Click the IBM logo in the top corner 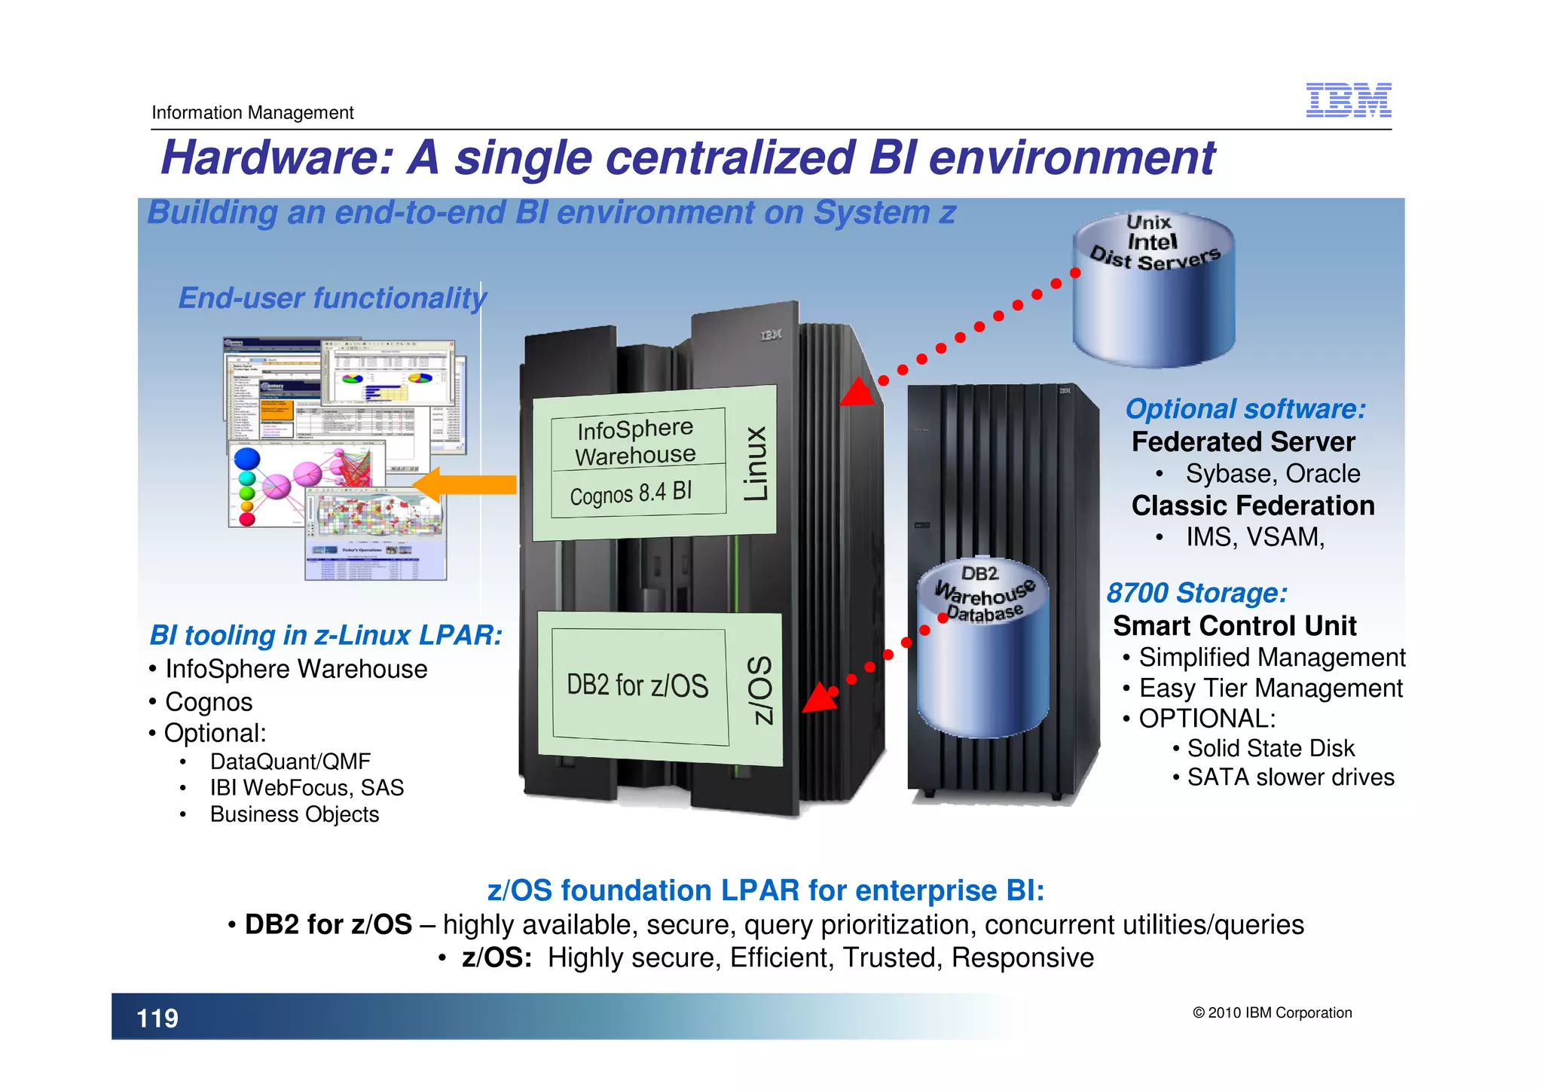click(1348, 100)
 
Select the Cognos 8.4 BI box click(631, 493)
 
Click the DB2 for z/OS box click(638, 685)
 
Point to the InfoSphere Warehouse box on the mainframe click(636, 442)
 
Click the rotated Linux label click(756, 464)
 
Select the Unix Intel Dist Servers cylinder click(1153, 290)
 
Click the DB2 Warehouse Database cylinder click(982, 648)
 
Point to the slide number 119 click(157, 1018)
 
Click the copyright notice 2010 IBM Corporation click(1272, 1013)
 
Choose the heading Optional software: click(1245, 409)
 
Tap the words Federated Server click(1243, 442)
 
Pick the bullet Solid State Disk click(1270, 748)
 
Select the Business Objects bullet click(295, 814)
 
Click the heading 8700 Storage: click(1196, 593)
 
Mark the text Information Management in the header click(252, 113)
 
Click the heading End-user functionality click(332, 298)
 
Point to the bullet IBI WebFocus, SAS click(307, 788)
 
